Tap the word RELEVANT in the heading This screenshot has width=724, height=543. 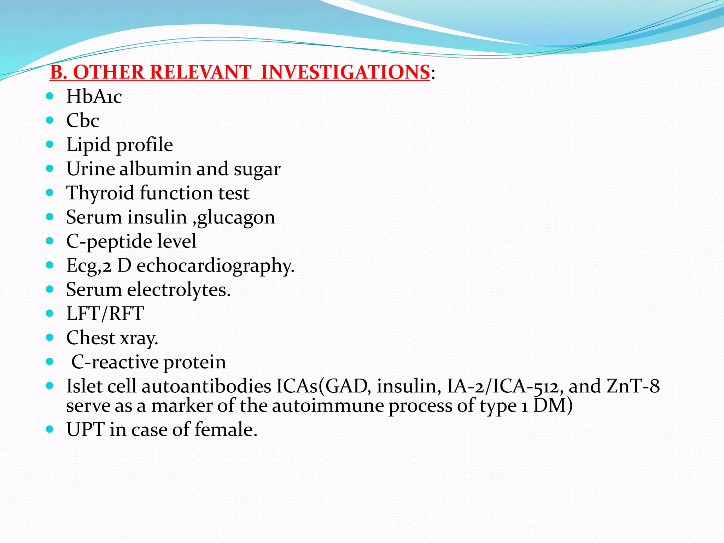(200, 72)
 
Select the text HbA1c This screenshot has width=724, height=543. (94, 97)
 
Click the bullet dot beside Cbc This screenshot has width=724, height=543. (49, 120)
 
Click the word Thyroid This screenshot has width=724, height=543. (100, 193)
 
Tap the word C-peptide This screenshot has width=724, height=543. (109, 242)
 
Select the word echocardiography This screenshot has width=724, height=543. (215, 266)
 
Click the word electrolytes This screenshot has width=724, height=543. (179, 290)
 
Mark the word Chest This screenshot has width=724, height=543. (90, 338)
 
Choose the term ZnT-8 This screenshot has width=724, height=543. (633, 386)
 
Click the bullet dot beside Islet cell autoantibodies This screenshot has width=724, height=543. (49, 385)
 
